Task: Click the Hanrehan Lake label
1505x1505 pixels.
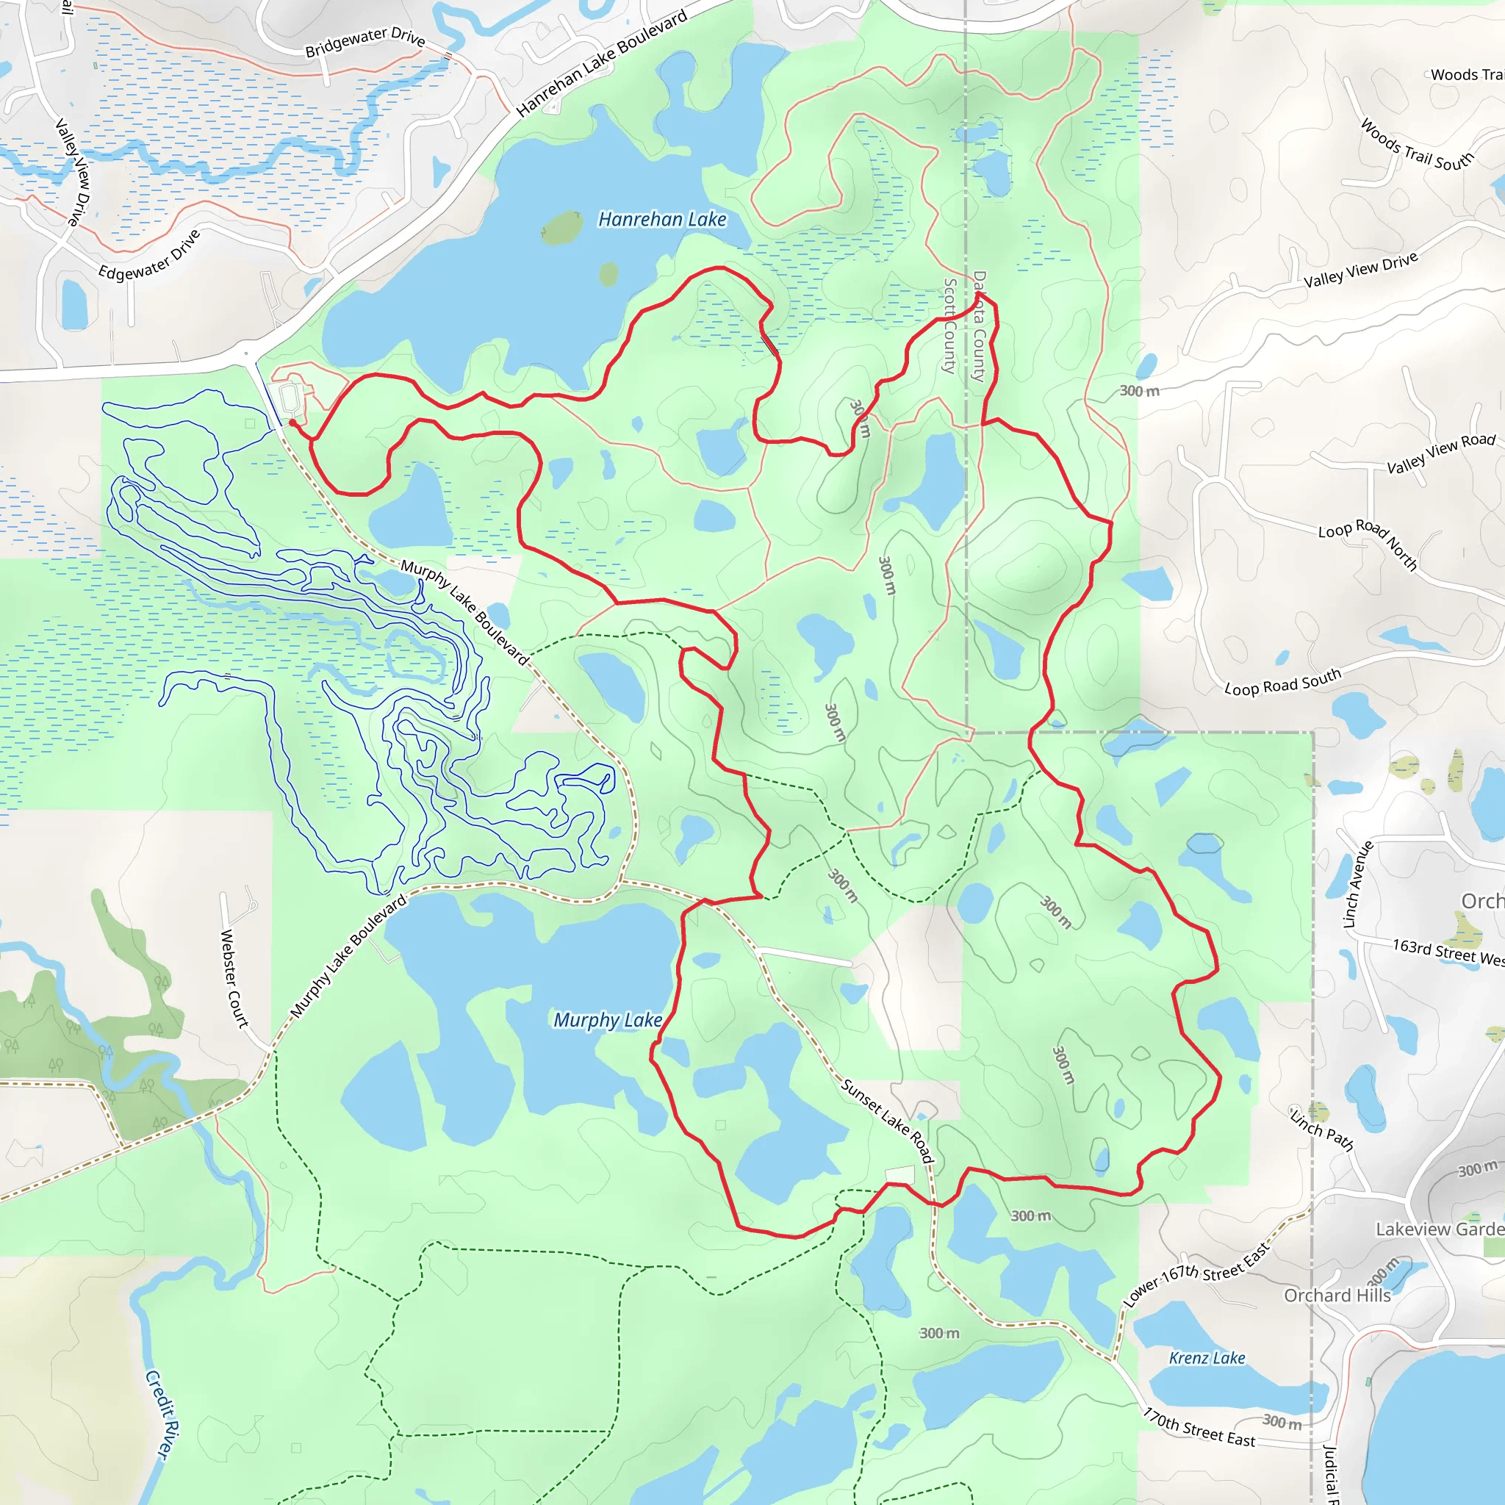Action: (x=662, y=220)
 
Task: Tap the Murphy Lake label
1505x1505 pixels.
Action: (x=608, y=1020)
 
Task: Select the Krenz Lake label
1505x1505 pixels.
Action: (x=1207, y=1359)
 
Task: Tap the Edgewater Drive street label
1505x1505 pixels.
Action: (x=150, y=255)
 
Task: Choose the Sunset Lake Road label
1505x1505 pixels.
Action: (x=887, y=1121)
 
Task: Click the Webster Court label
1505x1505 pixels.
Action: (x=234, y=978)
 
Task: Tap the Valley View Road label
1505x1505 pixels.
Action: (x=1441, y=453)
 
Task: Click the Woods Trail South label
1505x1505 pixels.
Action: (x=1417, y=146)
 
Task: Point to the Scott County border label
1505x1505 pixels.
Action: (x=949, y=326)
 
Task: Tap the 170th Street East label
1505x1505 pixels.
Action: (x=1199, y=1428)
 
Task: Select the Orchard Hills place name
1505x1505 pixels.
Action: (x=1337, y=1296)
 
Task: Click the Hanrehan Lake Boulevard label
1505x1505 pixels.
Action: (x=602, y=62)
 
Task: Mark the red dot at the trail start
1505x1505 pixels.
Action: (x=292, y=423)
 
